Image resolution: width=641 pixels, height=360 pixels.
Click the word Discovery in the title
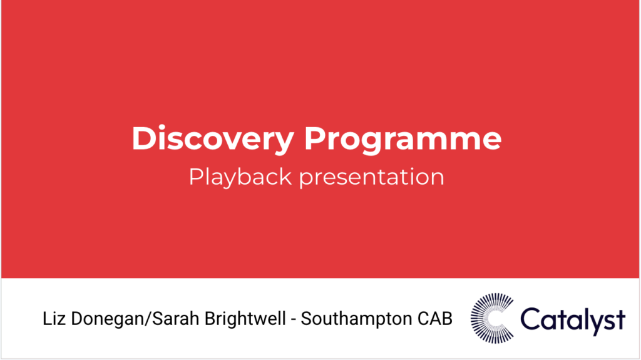212,139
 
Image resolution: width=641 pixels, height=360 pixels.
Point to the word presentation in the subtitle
371,177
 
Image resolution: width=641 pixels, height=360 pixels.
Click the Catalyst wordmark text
573,319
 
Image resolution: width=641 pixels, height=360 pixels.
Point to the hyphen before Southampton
292,320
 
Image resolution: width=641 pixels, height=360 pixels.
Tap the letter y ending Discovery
285,143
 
